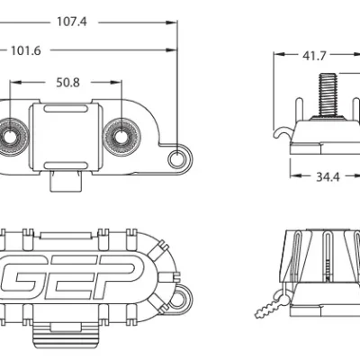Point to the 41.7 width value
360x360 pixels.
pyautogui.click(x=314, y=56)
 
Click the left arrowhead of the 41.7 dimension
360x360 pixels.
pyautogui.click(x=278, y=56)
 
